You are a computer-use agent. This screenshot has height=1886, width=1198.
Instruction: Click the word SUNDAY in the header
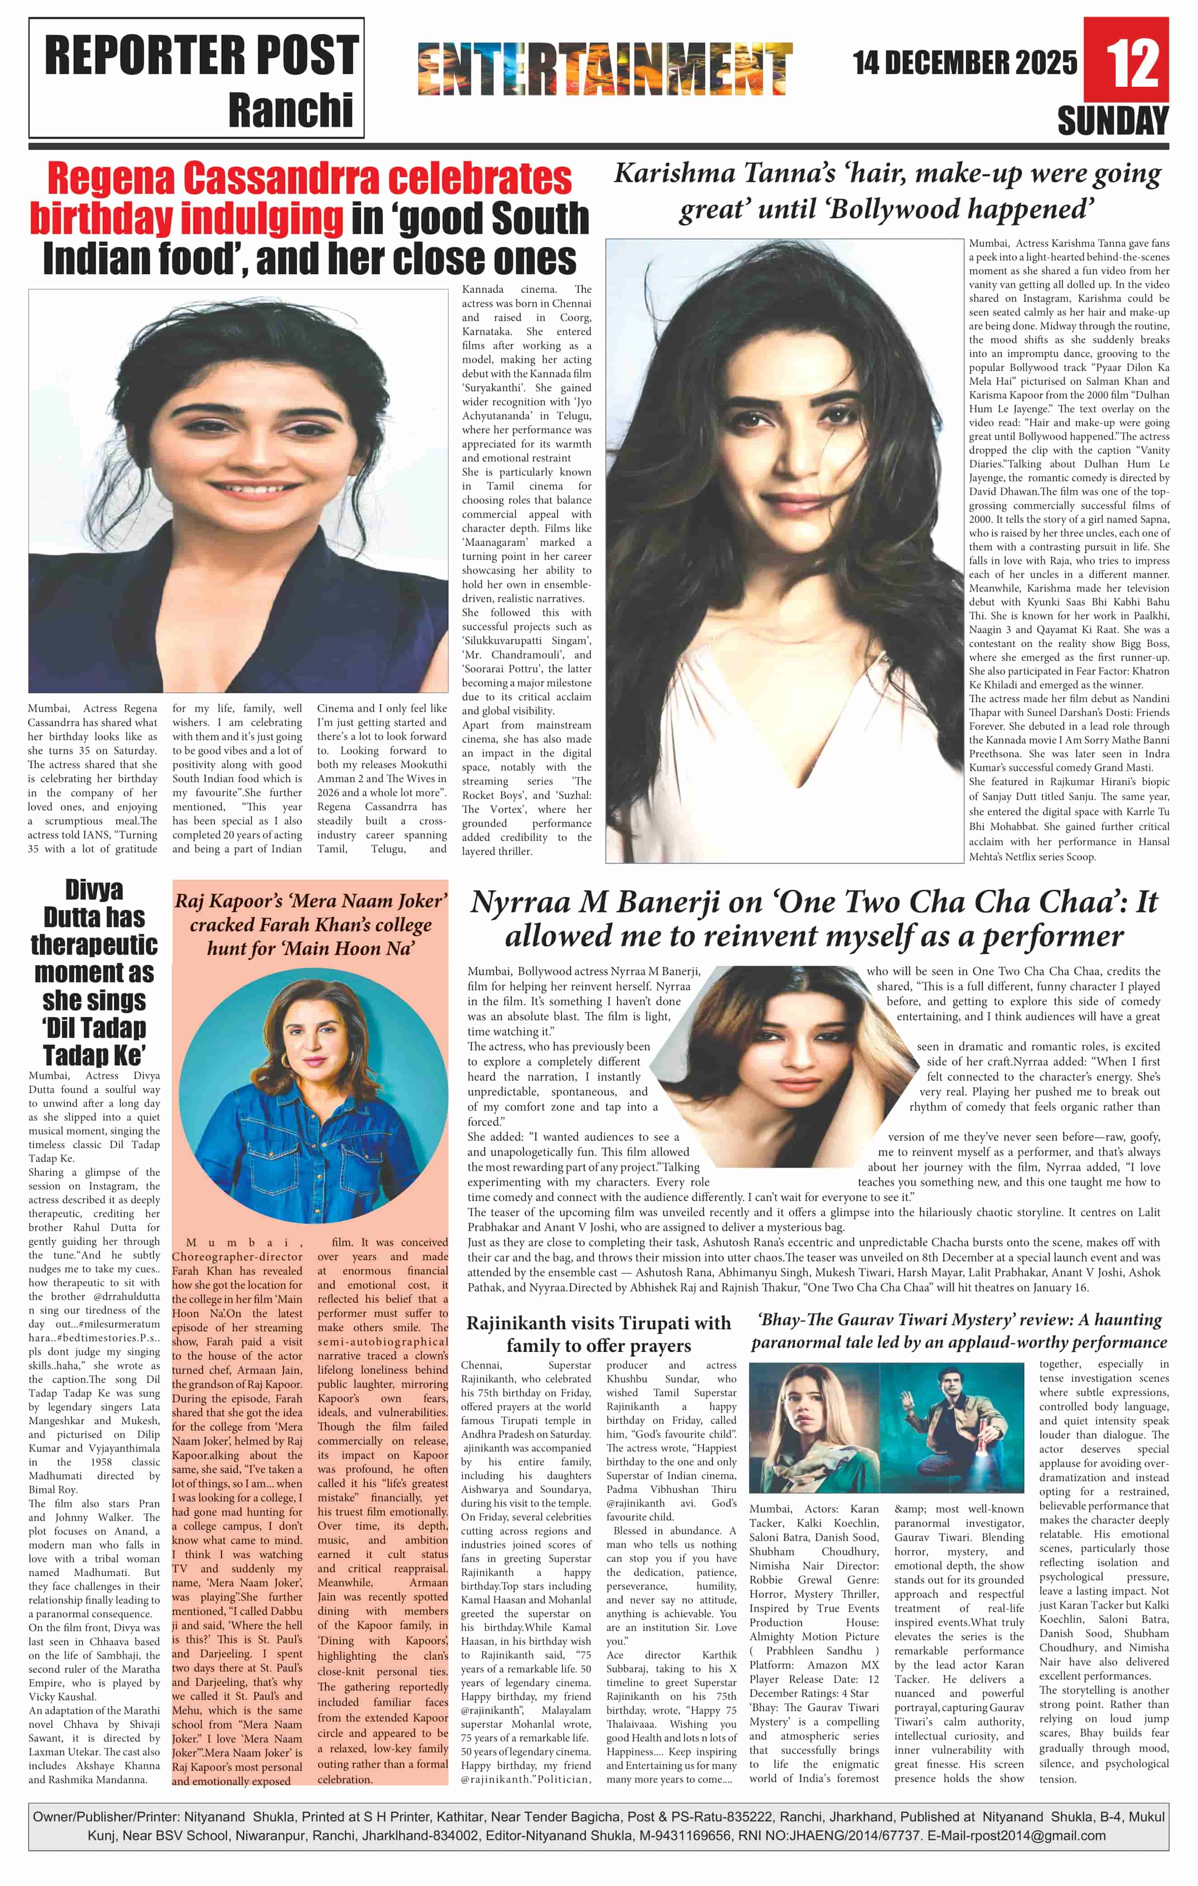[1113, 122]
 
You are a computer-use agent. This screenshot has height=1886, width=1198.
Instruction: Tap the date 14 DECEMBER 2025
[965, 63]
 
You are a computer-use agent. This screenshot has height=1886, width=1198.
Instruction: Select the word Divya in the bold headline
[94, 891]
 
